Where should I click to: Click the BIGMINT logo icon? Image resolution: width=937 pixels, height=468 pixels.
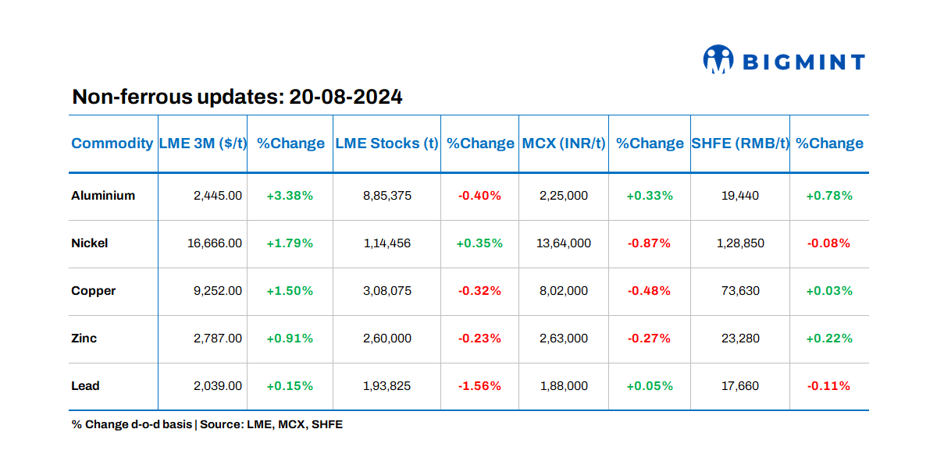click(x=718, y=60)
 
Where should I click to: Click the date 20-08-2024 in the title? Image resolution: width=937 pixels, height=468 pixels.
click(x=345, y=97)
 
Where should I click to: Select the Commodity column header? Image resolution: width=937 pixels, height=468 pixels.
click(x=112, y=144)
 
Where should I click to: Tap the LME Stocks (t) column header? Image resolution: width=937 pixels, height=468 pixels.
click(x=387, y=144)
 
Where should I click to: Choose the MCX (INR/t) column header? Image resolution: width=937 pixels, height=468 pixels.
click(x=563, y=144)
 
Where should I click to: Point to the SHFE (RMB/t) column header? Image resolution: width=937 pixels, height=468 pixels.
click(x=739, y=144)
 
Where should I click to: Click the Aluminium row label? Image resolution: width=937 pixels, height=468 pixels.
click(x=103, y=196)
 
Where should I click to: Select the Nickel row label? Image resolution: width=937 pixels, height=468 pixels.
click(x=90, y=243)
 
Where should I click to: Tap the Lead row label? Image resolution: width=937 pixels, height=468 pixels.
click(x=85, y=386)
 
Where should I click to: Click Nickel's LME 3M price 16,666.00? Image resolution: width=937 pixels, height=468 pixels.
click(x=215, y=243)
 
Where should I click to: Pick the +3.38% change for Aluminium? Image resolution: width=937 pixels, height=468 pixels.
click(x=290, y=196)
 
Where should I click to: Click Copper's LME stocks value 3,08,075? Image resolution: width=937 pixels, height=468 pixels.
click(x=387, y=291)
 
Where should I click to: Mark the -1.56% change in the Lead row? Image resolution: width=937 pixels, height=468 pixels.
click(x=479, y=386)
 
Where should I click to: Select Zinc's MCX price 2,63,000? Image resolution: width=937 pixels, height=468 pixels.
click(x=563, y=339)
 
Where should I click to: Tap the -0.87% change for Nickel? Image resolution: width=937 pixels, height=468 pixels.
click(x=649, y=243)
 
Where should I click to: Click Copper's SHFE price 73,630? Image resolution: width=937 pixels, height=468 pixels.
click(x=739, y=291)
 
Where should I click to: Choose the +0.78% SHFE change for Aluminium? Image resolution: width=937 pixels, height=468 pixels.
click(x=829, y=196)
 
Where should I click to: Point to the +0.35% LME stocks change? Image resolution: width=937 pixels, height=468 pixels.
click(x=479, y=243)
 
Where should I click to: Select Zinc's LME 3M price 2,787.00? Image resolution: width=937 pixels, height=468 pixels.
click(x=218, y=339)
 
